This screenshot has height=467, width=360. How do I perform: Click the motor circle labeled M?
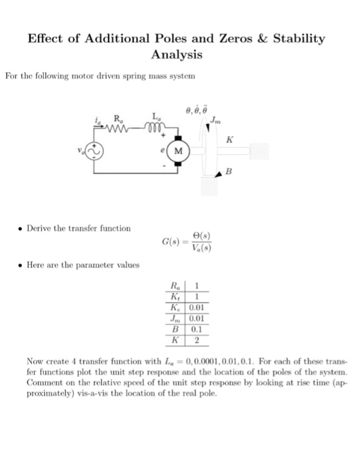tap(179, 151)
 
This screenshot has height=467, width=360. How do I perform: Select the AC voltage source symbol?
tap(93, 151)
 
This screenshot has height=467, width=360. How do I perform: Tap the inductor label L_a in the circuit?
tap(156, 117)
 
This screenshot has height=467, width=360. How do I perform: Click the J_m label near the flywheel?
tap(215, 121)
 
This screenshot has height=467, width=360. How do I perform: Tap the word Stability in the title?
tap(295, 38)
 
